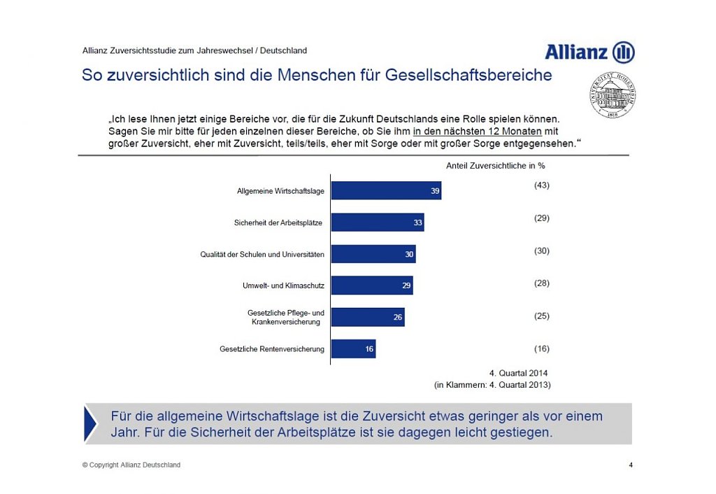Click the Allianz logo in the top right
(x=589, y=52)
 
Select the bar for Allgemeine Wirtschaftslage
(x=386, y=190)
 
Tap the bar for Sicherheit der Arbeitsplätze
(x=378, y=223)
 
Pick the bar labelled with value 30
(x=373, y=254)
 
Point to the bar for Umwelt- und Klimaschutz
(x=372, y=285)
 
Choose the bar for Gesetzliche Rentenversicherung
(x=353, y=348)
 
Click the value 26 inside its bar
(x=398, y=317)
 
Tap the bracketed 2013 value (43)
(x=541, y=185)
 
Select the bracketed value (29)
(x=541, y=218)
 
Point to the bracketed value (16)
(x=541, y=348)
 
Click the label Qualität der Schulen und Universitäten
(x=262, y=255)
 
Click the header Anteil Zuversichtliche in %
(x=495, y=166)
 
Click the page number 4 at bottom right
(x=631, y=465)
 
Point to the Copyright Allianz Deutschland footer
(x=131, y=465)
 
